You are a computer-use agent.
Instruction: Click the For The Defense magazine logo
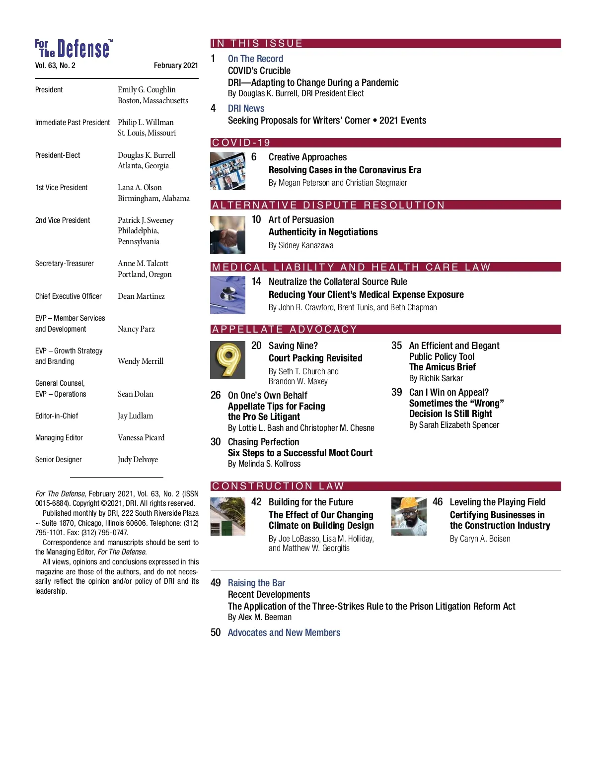[73, 49]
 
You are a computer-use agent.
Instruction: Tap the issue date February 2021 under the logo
[176, 66]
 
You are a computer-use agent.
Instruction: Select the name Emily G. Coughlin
[147, 90]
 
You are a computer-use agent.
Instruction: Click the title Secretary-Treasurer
[65, 264]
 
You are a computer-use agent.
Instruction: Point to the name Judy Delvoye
[138, 460]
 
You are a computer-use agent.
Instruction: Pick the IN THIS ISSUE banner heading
[257, 44]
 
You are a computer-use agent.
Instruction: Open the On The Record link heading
[255, 59]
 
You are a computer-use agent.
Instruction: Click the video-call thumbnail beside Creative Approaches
[227, 171]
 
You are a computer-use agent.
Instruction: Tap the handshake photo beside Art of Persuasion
[227, 235]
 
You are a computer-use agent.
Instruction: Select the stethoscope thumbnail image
[227, 295]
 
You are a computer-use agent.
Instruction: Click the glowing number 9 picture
[227, 360]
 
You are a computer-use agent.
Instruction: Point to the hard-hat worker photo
[409, 516]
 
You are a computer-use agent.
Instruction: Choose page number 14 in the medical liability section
[256, 281]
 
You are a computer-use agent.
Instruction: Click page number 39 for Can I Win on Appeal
[396, 392]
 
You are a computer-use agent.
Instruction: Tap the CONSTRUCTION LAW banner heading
[278, 486]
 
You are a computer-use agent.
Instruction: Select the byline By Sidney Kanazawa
[301, 245]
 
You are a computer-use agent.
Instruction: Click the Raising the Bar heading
[256, 583]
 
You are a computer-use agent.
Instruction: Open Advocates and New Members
[284, 632]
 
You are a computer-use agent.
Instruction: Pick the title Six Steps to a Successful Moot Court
[300, 453]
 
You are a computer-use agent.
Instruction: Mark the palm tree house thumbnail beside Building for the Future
[227, 516]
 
